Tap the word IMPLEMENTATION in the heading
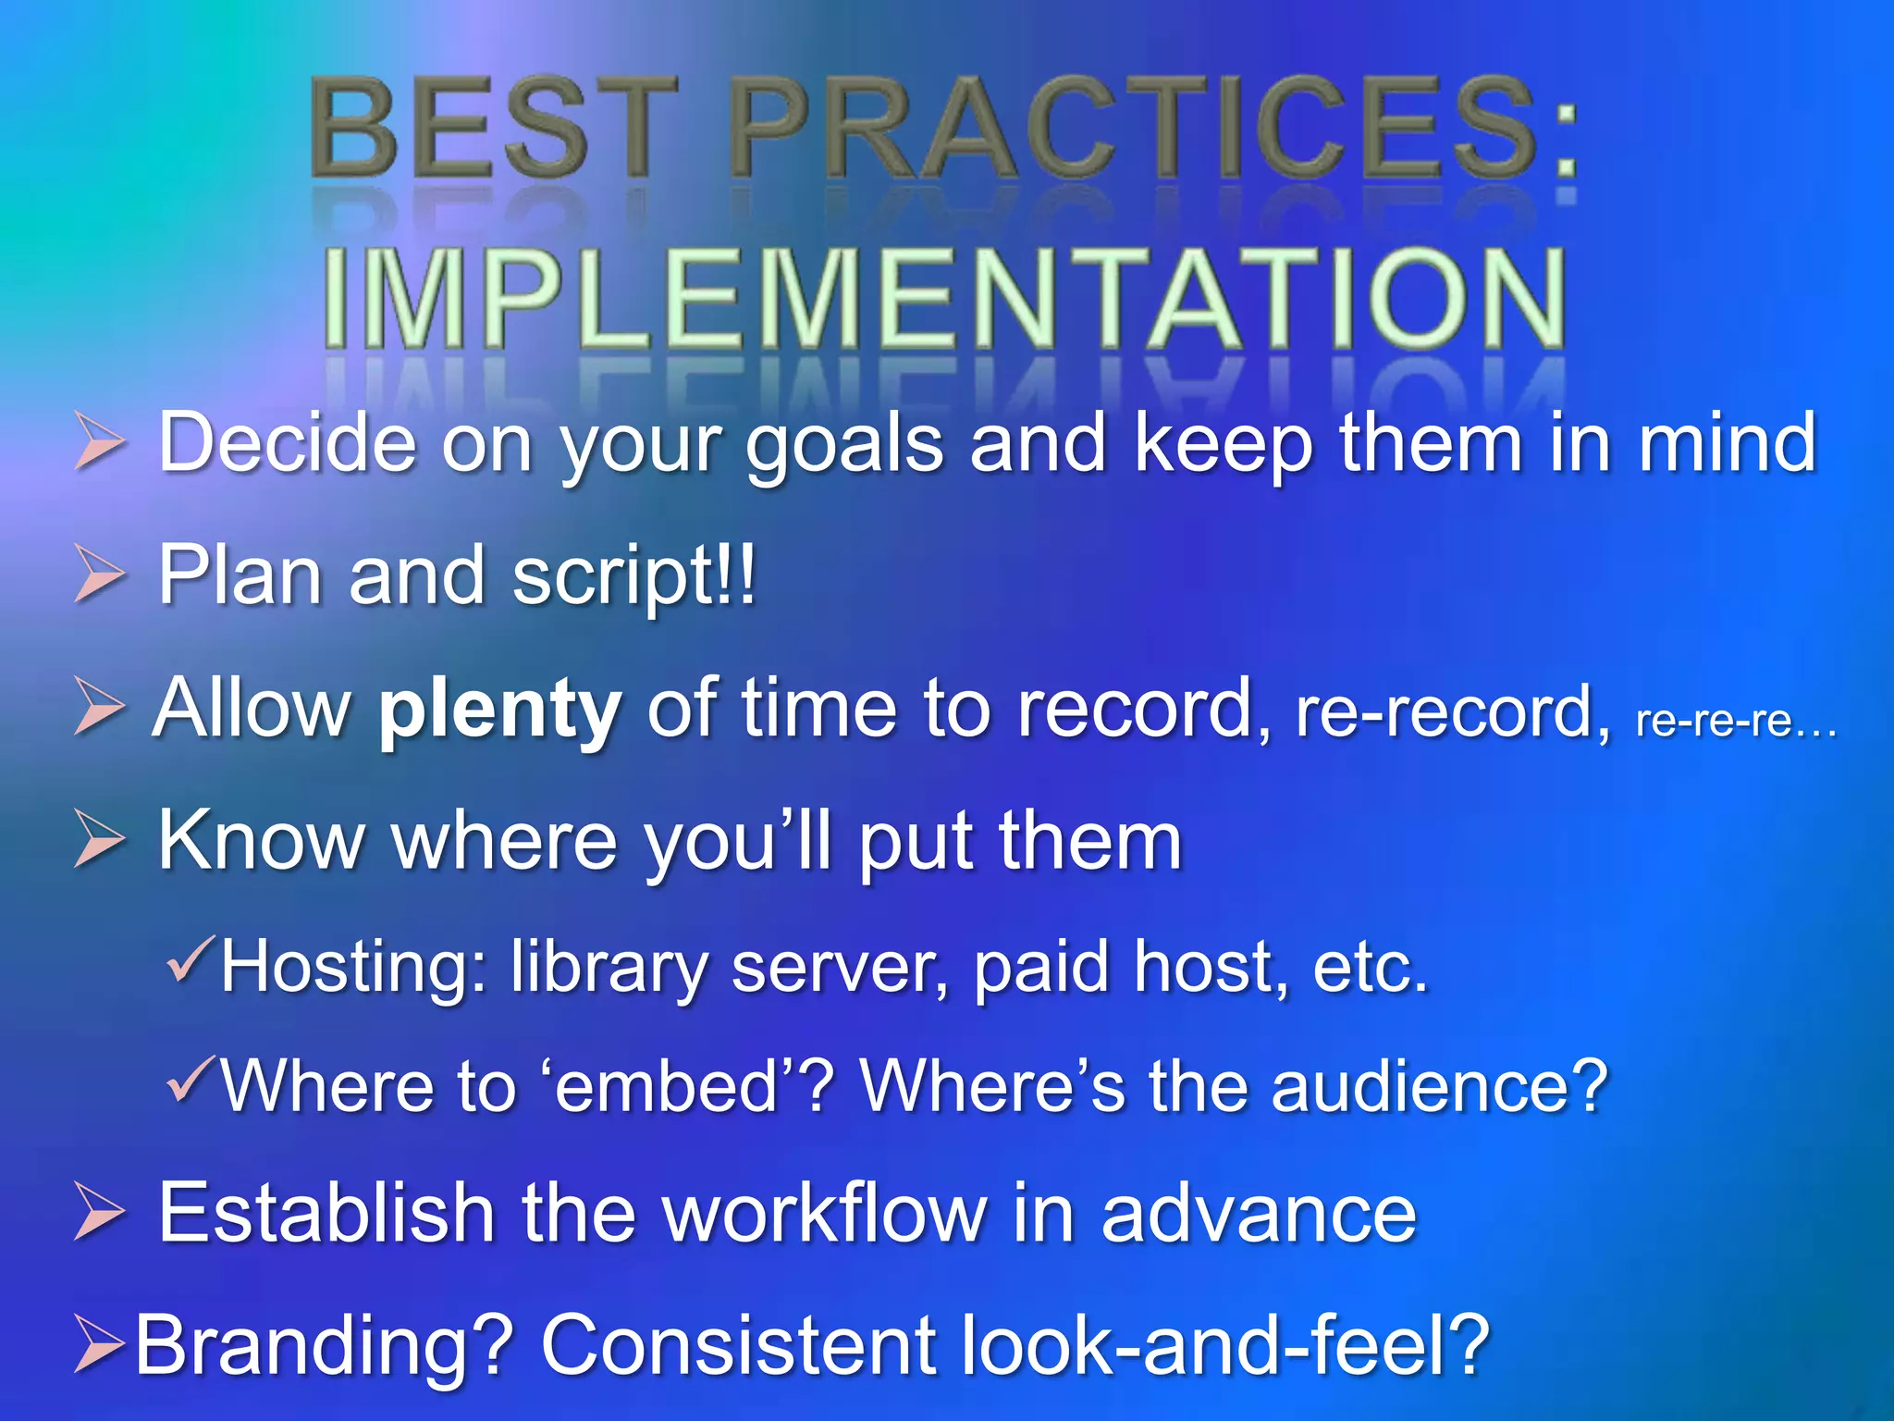pos(943,298)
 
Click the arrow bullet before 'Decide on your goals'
pos(98,441)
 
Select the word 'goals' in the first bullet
pos(844,445)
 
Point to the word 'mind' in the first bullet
pos(1726,441)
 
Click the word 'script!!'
pos(634,576)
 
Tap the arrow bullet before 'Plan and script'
pos(98,574)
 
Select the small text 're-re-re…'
pos(1735,721)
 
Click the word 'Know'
pos(261,840)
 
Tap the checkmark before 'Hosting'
pos(192,959)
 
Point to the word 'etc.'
pos(1371,966)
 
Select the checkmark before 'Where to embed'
pos(192,1080)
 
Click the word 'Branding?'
pos(324,1345)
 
